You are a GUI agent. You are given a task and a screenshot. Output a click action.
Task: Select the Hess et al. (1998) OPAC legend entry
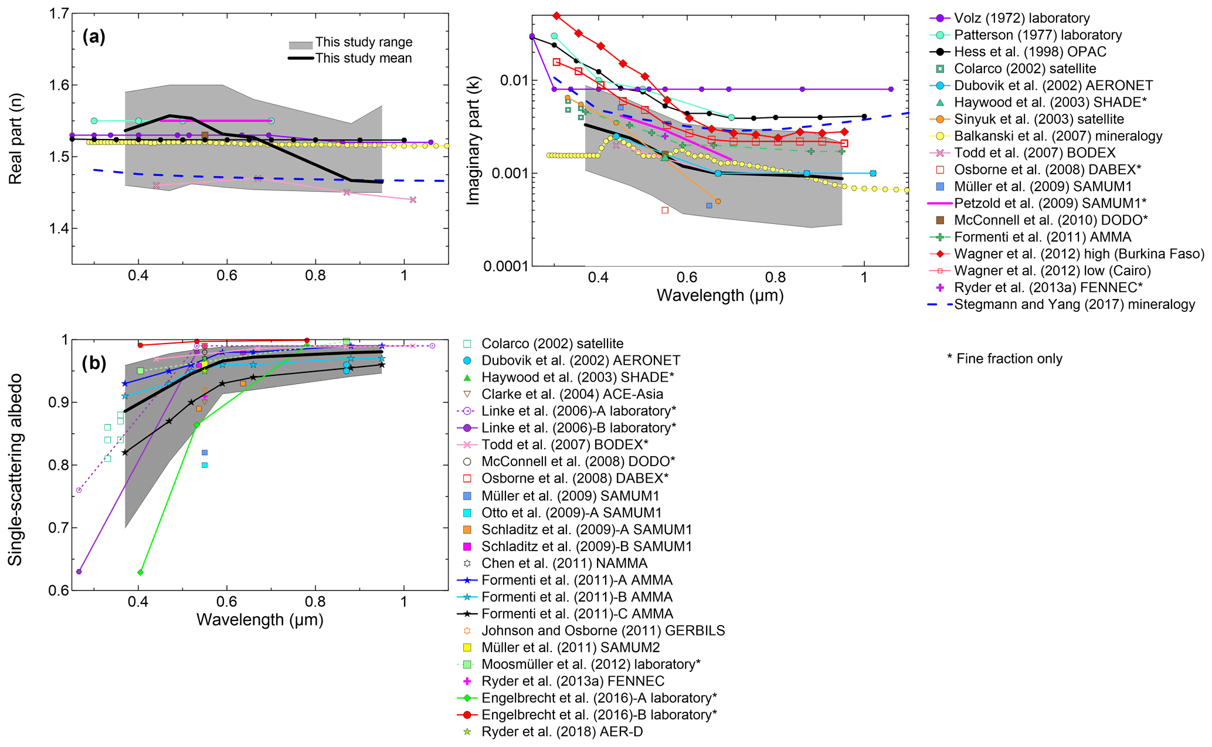(x=1030, y=52)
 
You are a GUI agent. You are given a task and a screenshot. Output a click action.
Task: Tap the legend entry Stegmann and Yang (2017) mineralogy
(x=1074, y=304)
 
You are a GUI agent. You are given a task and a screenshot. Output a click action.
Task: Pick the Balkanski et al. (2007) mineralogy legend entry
(x=1058, y=136)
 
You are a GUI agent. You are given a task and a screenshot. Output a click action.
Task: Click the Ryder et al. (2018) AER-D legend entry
(x=562, y=732)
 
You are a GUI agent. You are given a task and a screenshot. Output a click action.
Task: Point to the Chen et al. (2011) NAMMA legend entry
(x=564, y=563)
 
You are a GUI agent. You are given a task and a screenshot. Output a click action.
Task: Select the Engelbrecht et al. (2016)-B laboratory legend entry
(x=599, y=715)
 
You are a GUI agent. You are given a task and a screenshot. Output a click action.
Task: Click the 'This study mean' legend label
(x=364, y=58)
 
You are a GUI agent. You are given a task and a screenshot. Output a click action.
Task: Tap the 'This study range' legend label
(x=364, y=42)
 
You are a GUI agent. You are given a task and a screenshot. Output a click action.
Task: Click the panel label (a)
(x=94, y=37)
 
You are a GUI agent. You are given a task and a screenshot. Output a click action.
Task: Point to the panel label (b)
(x=94, y=363)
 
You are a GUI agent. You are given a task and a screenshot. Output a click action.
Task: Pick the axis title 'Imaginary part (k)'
(x=473, y=141)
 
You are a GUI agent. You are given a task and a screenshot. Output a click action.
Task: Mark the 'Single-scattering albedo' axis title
(x=15, y=469)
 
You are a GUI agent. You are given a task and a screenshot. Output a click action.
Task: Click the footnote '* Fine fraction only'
(x=1004, y=359)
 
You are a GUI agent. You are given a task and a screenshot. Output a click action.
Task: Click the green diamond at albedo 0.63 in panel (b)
(x=140, y=572)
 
